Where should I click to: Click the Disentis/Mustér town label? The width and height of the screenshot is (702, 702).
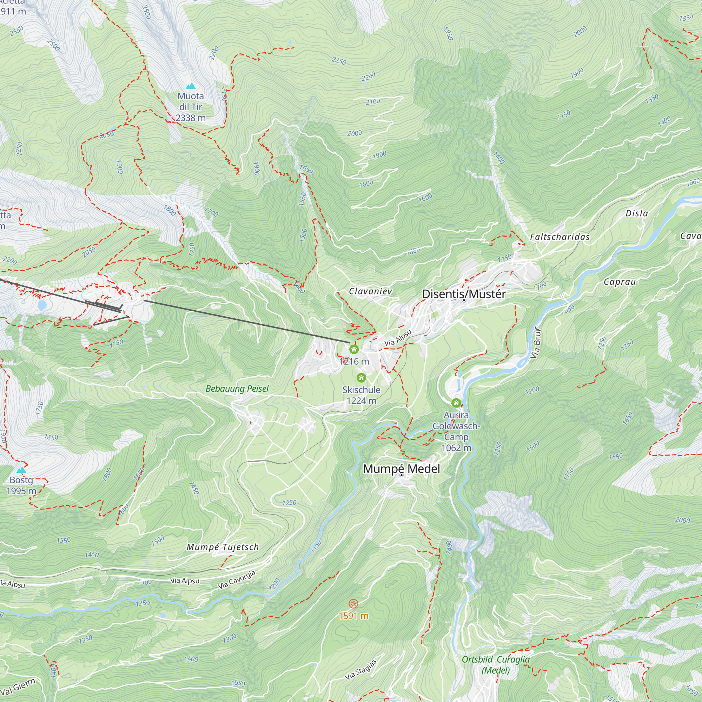464,294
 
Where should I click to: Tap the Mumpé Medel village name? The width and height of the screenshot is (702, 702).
401,469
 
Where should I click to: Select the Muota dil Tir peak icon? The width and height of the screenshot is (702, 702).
191,86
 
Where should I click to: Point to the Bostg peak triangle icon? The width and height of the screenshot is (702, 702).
21,470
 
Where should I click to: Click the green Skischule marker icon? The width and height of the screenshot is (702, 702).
361,378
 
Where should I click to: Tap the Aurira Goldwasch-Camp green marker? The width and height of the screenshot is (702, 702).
456,403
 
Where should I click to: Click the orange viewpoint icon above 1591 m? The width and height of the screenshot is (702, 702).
353,604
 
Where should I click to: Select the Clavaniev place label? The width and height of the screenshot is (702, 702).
370,291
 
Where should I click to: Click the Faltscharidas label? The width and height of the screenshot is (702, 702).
559,237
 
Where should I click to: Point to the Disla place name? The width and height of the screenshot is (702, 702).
637,213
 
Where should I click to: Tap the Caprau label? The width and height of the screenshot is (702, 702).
620,282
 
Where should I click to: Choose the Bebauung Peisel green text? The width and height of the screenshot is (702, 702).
237,389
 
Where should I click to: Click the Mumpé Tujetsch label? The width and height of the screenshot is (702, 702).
223,547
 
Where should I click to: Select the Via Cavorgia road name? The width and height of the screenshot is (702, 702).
237,580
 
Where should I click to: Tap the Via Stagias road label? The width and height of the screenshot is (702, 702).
360,669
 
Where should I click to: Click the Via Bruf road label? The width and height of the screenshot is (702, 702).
536,343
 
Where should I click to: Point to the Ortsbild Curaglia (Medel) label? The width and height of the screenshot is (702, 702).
496,664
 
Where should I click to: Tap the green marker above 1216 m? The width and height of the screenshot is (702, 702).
354,349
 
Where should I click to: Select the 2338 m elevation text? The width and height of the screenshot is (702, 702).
190,118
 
